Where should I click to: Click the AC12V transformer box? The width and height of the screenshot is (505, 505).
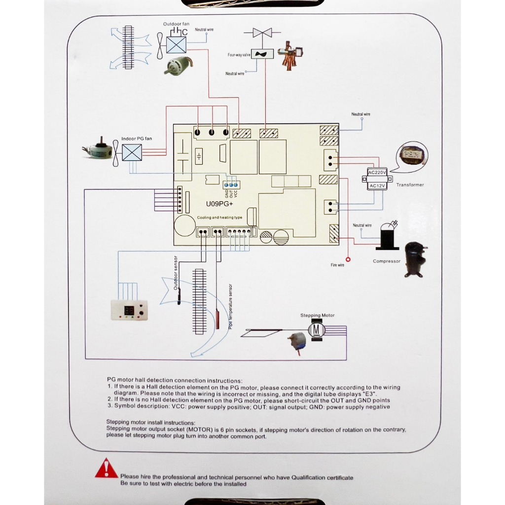point(377,186)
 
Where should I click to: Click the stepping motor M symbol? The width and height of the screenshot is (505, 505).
point(318,328)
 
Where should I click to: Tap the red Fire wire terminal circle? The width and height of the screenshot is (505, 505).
point(348,259)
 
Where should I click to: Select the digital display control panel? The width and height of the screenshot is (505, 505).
point(130,311)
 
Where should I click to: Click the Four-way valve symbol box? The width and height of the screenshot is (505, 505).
point(263,54)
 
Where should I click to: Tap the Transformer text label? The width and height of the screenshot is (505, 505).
point(410,185)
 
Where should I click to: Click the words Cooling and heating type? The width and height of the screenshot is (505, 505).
point(219,217)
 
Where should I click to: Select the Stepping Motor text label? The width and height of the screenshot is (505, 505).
point(317,315)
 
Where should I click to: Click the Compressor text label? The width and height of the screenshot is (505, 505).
point(387,261)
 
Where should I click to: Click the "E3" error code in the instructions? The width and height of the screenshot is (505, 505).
point(370,394)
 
